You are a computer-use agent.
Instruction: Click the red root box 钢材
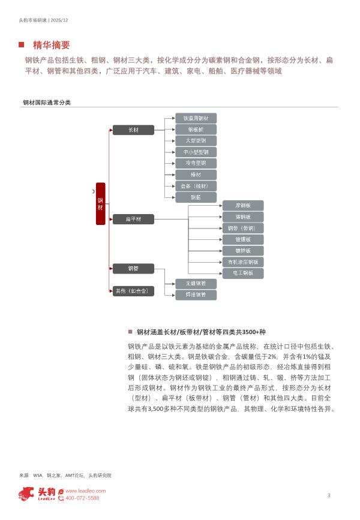tap(100, 203)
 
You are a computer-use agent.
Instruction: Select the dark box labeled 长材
tap(133, 130)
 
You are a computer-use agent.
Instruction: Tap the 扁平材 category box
tap(133, 220)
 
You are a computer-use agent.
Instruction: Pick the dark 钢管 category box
tap(133, 268)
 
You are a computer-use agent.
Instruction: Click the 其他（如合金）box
tap(133, 291)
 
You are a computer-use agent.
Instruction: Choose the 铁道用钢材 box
tap(196, 118)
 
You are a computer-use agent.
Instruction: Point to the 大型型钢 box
tap(196, 141)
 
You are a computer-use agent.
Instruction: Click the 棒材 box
tap(196, 175)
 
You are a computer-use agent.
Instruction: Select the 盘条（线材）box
tap(196, 186)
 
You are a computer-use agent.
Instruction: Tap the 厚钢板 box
tap(243, 205)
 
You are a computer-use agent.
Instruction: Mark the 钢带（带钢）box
tap(243, 228)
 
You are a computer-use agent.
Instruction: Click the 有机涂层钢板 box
tap(243, 262)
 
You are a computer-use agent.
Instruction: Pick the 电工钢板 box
tap(243, 273)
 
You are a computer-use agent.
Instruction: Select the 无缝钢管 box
tap(196, 283)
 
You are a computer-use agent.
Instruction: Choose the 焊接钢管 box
tap(196, 294)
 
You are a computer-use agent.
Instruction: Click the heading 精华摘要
tap(52, 45)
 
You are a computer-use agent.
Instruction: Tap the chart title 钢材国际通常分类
tap(46, 103)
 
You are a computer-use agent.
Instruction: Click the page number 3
tap(329, 495)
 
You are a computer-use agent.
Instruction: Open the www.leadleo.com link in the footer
tap(85, 491)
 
